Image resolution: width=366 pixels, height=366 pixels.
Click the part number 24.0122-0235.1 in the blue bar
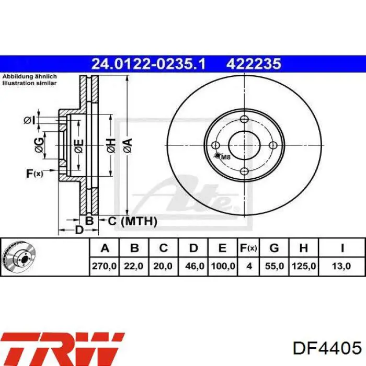[x=148, y=64]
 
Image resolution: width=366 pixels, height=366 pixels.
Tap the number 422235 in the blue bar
[x=254, y=64]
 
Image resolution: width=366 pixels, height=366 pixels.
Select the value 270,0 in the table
[x=104, y=266]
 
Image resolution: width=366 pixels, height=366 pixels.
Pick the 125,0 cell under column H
[x=304, y=266]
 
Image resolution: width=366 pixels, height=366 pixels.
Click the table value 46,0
[x=195, y=266]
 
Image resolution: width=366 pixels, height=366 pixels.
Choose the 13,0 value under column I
[x=341, y=266]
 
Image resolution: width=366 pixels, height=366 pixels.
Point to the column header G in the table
[x=274, y=248]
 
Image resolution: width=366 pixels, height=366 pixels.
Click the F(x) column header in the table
[x=248, y=248]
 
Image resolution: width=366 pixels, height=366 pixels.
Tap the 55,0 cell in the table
[x=274, y=266]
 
